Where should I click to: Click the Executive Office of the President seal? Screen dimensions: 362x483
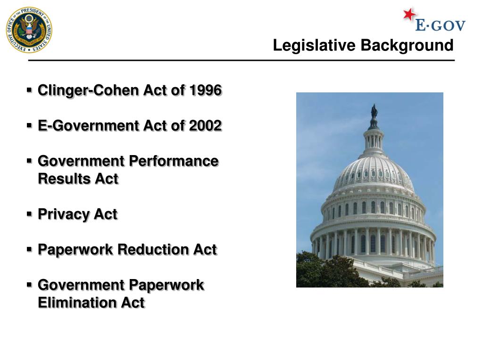click(29, 30)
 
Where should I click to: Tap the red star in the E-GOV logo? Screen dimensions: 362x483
click(409, 15)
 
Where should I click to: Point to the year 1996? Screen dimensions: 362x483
click(205, 90)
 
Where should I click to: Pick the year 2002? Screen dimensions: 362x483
click(205, 126)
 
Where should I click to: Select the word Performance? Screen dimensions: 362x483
click(174, 161)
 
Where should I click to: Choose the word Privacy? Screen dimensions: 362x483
click(64, 214)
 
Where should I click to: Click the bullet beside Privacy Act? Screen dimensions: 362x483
click(29, 214)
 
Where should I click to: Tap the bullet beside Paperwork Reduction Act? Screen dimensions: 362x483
click(29, 249)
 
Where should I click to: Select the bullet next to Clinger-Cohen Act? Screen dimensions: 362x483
click(29, 89)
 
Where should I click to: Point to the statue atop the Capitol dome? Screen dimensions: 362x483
click(374, 112)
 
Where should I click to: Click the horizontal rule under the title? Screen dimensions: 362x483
click(241, 61)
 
